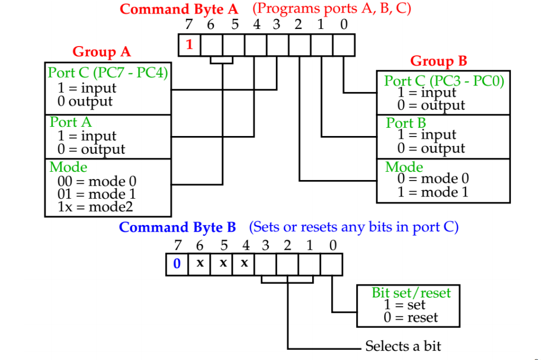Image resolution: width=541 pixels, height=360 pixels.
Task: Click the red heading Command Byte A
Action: [180, 9]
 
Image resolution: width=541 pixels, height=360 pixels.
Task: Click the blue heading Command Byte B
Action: [177, 228]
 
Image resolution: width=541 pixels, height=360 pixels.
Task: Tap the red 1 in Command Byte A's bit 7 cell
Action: [189, 45]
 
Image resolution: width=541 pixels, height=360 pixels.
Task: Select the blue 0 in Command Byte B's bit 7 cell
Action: [177, 264]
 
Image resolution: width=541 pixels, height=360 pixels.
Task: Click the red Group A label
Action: [101, 52]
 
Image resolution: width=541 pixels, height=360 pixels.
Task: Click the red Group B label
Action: [438, 61]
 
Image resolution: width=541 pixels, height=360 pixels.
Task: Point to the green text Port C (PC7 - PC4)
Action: [108, 73]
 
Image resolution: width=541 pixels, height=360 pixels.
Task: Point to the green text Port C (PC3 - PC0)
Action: [444, 81]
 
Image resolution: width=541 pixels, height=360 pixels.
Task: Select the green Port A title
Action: [70, 123]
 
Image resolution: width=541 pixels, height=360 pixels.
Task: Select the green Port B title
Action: [406, 124]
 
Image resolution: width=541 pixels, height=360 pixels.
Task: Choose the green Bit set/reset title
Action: [411, 293]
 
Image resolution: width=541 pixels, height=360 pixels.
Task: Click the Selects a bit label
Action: [403, 346]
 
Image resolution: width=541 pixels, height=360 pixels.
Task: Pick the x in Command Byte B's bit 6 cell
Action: [199, 264]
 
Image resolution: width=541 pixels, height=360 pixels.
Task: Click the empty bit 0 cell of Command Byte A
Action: [344, 45]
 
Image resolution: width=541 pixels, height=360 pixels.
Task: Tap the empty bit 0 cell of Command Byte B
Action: [331, 264]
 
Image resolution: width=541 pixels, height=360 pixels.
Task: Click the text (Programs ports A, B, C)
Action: [331, 9]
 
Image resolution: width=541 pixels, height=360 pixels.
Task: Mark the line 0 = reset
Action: [411, 318]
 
